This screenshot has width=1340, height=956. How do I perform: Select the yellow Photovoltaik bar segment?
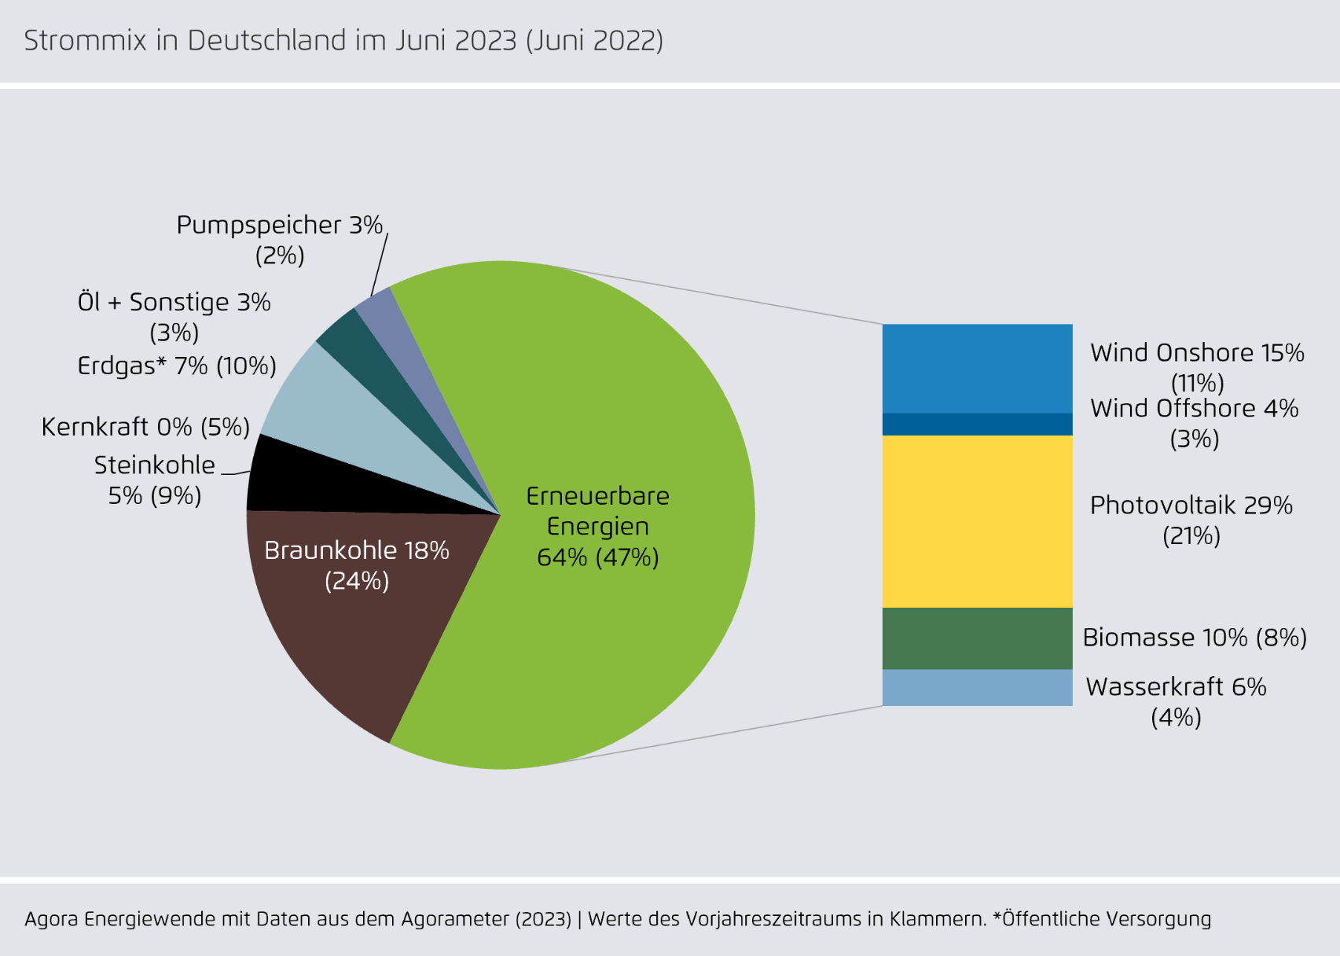(977, 521)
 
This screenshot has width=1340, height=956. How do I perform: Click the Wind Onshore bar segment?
(977, 368)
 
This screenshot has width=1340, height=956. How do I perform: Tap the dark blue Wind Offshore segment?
(977, 425)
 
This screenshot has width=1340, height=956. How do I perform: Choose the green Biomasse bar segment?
(977, 638)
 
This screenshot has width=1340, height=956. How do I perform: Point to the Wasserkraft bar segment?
(977, 688)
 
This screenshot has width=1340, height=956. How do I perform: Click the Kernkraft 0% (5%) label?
(145, 427)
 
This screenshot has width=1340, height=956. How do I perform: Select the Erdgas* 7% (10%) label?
(177, 366)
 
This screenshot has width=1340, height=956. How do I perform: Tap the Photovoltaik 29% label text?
(1191, 506)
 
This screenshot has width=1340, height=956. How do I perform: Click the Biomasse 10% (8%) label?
(1194, 638)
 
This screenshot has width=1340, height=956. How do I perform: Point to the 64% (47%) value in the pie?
(597, 557)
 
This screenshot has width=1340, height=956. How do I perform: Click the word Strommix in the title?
(85, 41)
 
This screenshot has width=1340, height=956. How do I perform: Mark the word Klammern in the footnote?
(937, 919)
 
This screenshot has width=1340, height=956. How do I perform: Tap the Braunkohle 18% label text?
(356, 550)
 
